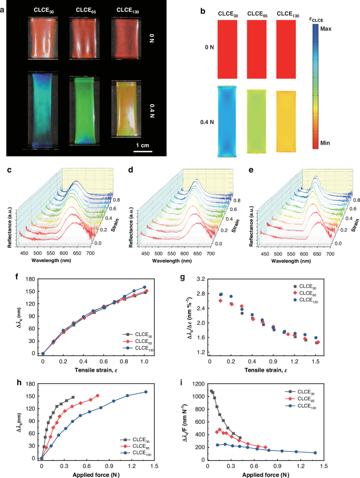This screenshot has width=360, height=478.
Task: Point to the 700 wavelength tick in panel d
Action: click(211, 253)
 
